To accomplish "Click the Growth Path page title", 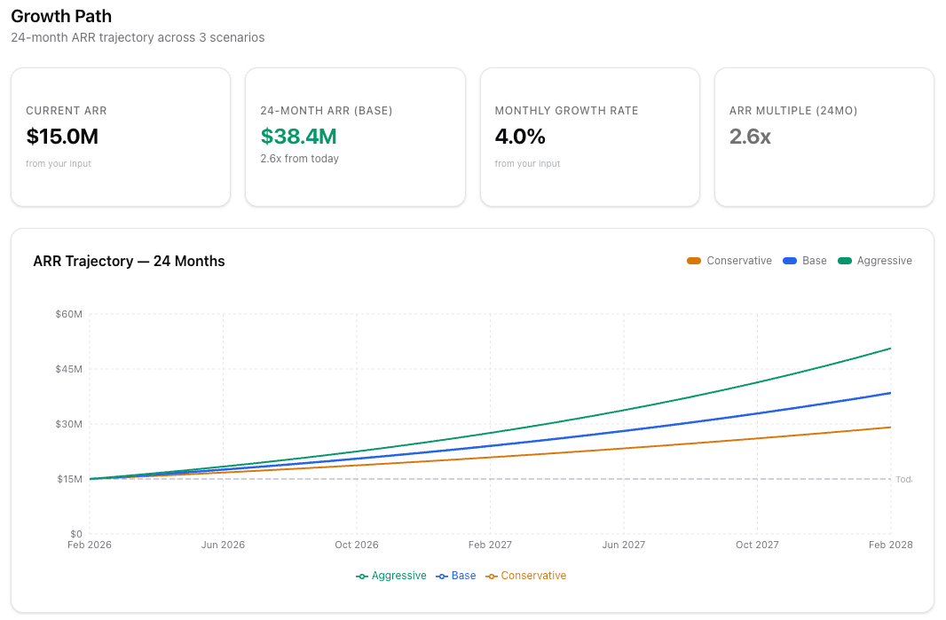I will [x=61, y=16].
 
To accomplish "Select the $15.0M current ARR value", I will [x=62, y=137].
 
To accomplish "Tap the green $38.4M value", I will [x=298, y=137].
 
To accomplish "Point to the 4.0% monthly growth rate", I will [x=520, y=137].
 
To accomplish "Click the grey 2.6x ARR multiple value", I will [x=750, y=137].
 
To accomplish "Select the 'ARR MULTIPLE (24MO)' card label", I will [x=792, y=111].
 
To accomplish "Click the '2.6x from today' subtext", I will [x=299, y=159].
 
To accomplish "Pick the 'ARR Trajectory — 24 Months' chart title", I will [x=129, y=261].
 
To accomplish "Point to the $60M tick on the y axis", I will [x=68, y=314].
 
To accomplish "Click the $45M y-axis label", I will [x=68, y=369].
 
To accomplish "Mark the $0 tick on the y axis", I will [x=75, y=534].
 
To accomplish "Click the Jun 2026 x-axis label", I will [x=223, y=545].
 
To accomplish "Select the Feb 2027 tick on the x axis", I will [x=490, y=545].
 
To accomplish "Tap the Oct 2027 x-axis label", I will [x=757, y=545].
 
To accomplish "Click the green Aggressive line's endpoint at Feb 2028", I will [x=890, y=349].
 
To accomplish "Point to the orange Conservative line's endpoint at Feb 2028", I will [x=890, y=428].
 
